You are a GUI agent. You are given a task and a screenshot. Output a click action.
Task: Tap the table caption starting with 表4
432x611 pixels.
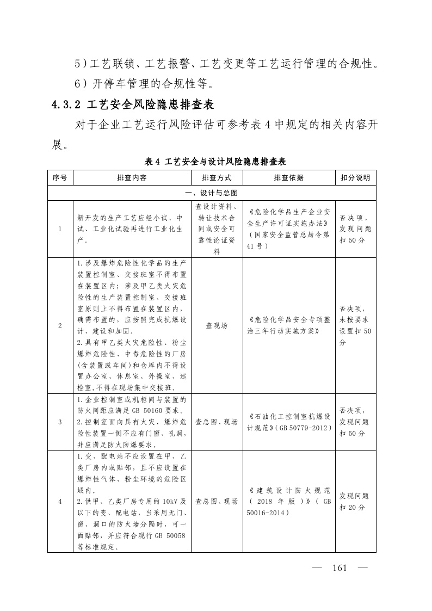[x=215, y=162]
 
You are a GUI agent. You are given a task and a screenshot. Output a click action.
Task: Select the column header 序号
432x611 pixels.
[x=60, y=178]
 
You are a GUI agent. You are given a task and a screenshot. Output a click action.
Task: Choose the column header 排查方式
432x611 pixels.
[x=217, y=178]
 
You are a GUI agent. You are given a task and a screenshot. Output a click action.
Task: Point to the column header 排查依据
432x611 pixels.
[x=288, y=178]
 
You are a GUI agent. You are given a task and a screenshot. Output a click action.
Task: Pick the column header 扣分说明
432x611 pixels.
[x=355, y=178]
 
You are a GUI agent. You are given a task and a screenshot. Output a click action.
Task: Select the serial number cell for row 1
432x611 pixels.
[x=60, y=229]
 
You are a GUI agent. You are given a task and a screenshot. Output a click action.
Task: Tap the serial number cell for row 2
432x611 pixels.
[x=60, y=325]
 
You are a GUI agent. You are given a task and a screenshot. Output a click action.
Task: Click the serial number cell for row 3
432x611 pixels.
[x=60, y=422]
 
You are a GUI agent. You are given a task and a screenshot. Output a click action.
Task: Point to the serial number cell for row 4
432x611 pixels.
[x=60, y=502]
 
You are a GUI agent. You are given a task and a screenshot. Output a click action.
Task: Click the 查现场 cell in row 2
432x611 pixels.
[x=217, y=325]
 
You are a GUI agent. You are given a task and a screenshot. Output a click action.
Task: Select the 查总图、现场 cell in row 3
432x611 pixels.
[x=217, y=422]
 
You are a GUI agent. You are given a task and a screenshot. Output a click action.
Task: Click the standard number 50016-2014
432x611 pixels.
[x=267, y=513]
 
